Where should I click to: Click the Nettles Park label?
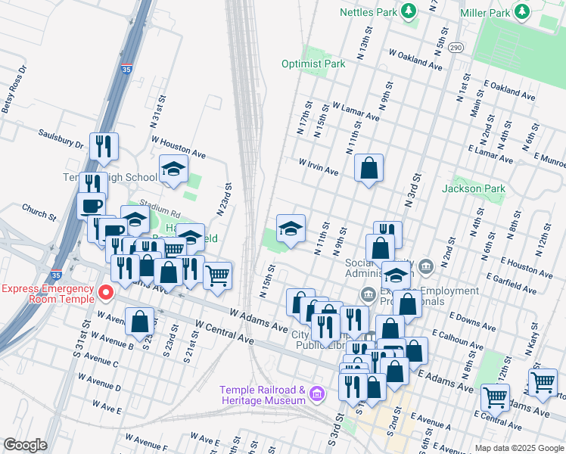click(x=369, y=12)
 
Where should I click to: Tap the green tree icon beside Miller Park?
click(x=521, y=11)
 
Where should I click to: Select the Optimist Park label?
click(x=313, y=64)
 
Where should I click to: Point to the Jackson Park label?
click(x=473, y=188)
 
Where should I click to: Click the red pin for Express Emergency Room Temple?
click(x=106, y=291)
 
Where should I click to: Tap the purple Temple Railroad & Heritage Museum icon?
click(x=316, y=393)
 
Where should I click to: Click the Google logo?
click(x=25, y=445)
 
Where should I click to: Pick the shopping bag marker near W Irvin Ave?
click(x=369, y=169)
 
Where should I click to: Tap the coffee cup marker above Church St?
click(x=92, y=205)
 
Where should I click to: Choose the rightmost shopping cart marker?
click(x=543, y=384)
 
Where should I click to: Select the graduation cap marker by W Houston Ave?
click(x=173, y=169)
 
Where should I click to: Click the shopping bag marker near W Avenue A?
click(x=140, y=321)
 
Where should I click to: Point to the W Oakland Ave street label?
click(x=415, y=61)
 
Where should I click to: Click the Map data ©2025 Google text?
click(x=518, y=447)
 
